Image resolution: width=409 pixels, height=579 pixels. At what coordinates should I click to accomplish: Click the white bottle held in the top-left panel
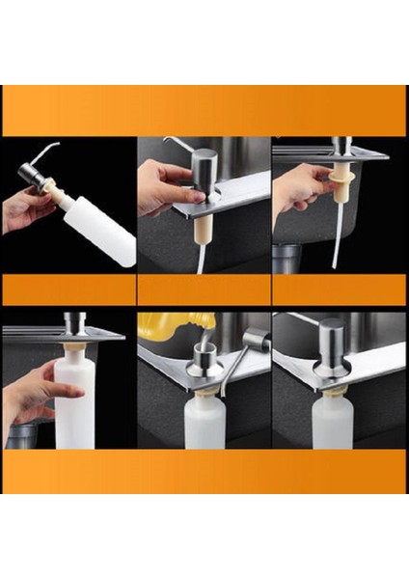[100, 233]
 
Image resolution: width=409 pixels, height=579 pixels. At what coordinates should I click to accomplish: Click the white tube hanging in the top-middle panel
[201, 256]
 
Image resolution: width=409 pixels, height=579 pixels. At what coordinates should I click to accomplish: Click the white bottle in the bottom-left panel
[74, 405]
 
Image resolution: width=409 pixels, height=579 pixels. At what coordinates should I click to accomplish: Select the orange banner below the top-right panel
[339, 290]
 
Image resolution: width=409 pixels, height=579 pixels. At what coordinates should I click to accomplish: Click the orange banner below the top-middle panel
[204, 290]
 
